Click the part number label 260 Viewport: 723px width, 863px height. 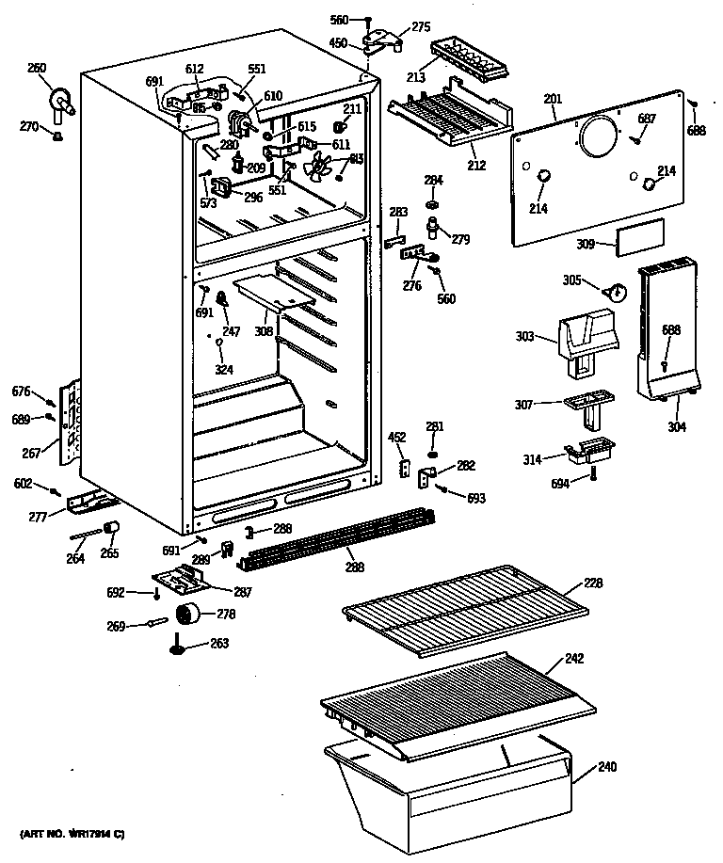[x=36, y=67]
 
